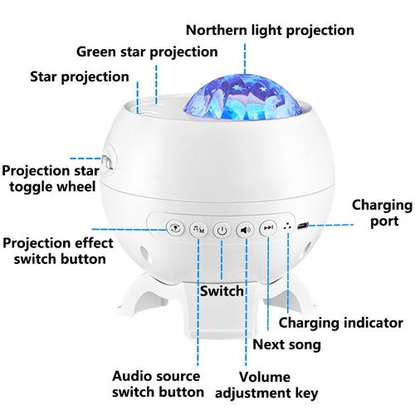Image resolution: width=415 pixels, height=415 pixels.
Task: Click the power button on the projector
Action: click(x=222, y=230)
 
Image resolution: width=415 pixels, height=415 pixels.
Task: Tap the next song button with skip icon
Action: click(x=268, y=228)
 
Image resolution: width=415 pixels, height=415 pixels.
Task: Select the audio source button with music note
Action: click(x=198, y=229)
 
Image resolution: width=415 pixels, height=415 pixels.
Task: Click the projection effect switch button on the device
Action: click(x=175, y=228)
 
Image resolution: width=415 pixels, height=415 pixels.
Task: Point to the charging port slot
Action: click(x=303, y=226)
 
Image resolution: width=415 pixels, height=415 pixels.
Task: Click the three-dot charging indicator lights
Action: click(x=288, y=227)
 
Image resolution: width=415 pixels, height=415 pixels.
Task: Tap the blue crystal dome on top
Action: click(x=242, y=98)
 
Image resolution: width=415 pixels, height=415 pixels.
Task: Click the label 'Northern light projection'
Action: click(x=270, y=31)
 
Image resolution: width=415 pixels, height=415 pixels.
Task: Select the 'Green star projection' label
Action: click(x=147, y=52)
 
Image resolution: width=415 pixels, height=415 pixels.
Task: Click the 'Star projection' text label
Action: click(x=80, y=77)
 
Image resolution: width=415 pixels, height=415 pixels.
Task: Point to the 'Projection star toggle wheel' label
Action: click(x=51, y=178)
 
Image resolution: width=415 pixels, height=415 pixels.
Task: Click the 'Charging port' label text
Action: click(x=382, y=213)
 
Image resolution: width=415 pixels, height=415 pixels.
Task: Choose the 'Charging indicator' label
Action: click(x=340, y=323)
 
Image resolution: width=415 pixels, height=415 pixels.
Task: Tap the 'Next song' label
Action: click(x=286, y=345)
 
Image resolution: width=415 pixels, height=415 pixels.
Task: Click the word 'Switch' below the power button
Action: click(x=222, y=291)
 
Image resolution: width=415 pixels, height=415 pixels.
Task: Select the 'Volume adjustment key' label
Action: click(x=266, y=385)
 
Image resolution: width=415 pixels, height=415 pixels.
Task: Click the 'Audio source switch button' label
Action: click(x=158, y=384)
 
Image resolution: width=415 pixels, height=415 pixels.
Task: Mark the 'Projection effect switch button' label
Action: click(x=58, y=251)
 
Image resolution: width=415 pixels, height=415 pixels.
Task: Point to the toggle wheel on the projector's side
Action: click(x=107, y=162)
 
